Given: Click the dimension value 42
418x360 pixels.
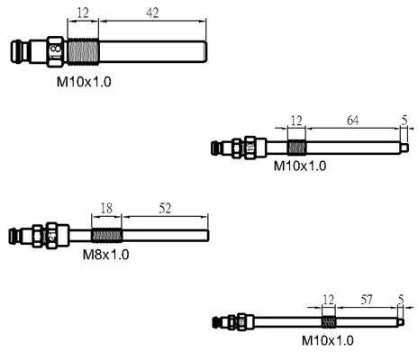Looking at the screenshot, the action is point(152,13).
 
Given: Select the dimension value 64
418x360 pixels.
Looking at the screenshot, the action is point(352,121).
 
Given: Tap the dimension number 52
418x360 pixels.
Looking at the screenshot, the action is point(165,208).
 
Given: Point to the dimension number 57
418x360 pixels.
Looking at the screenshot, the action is point(367,300).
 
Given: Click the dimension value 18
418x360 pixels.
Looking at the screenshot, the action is point(106,208).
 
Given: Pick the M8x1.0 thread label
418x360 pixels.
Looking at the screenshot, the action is point(105,255).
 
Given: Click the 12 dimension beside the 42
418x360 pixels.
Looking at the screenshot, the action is point(83,13).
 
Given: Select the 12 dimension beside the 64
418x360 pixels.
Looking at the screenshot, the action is point(296,121).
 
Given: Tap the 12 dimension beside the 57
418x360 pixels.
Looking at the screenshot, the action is point(328,300).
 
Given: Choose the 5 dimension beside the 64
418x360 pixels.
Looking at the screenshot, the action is point(404,121).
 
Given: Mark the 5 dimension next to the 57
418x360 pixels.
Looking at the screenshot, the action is point(401,300).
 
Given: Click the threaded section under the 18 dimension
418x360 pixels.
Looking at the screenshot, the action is point(107,235).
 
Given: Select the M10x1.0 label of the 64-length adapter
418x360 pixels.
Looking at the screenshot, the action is point(300,166).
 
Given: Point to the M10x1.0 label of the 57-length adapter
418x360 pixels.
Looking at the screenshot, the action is point(328,340).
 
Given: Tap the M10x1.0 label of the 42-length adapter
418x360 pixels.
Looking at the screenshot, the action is point(84,82).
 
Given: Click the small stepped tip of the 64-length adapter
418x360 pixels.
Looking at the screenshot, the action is point(404,148).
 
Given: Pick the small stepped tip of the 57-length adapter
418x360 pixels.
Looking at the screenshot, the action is point(401,322).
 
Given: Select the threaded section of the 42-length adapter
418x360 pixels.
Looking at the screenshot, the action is point(83,51).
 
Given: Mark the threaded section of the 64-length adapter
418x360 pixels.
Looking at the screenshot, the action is point(296,148).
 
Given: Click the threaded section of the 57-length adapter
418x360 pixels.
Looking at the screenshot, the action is point(329,322).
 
